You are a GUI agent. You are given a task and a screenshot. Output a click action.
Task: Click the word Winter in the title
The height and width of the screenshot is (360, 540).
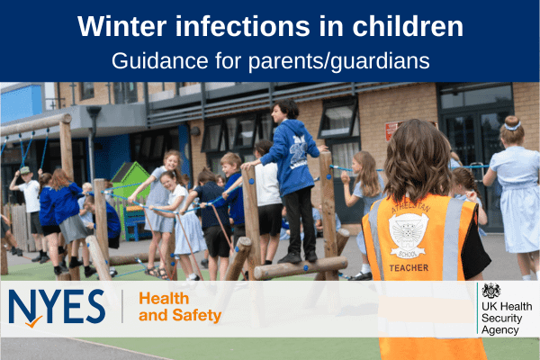coord(122,26)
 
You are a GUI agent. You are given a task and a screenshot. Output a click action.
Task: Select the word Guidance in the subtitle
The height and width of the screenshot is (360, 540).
coord(160,61)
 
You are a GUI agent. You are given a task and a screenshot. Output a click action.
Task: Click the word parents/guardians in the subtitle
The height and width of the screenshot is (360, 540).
coord(339,62)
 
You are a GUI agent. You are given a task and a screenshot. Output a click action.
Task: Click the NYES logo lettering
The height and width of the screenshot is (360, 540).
coord(57,306)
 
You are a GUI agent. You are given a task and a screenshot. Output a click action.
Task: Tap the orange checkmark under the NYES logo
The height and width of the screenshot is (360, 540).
coord(34,322)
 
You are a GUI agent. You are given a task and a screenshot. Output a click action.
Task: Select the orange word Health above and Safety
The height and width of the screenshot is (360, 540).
coord(164,299)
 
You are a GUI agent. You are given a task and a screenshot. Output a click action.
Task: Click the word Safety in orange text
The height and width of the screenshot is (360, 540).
coord(196,315)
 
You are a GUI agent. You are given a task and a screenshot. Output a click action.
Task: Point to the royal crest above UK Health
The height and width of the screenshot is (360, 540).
coord(491,291)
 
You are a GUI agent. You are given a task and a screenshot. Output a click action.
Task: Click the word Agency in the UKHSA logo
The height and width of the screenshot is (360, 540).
coord(500,330)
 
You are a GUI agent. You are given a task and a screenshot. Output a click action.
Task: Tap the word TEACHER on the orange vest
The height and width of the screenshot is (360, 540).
coord(409,267)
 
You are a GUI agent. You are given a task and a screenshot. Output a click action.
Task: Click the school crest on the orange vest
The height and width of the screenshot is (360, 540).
coord(408,235)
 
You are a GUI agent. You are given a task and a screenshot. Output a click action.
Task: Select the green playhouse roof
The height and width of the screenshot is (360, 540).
coord(130,173)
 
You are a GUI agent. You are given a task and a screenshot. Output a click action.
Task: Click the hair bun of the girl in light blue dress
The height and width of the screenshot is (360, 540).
coord(512,121)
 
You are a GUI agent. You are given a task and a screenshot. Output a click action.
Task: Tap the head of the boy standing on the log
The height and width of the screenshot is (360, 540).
coord(284,110)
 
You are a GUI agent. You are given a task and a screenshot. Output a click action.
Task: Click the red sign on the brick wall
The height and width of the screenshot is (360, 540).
coord(391,130)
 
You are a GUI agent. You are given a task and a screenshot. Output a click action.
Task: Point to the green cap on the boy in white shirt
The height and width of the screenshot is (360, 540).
coord(24,170)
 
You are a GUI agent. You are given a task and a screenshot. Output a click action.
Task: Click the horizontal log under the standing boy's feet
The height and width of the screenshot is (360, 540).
coord(301,268)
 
